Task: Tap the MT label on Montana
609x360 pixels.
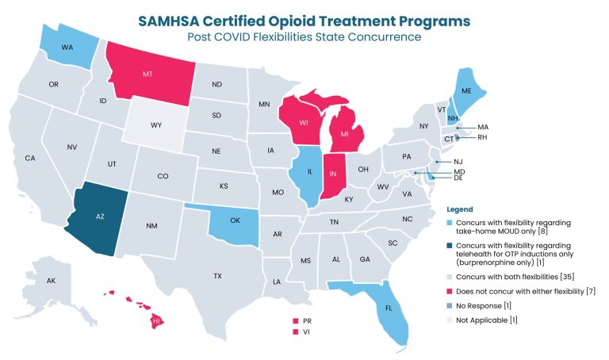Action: (x=147, y=73)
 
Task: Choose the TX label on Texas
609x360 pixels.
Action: (x=217, y=275)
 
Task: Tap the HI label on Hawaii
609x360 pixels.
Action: (x=157, y=321)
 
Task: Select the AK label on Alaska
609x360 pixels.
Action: (x=52, y=281)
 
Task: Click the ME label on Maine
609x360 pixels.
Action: (x=467, y=90)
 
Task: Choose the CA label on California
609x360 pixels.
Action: (x=30, y=158)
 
